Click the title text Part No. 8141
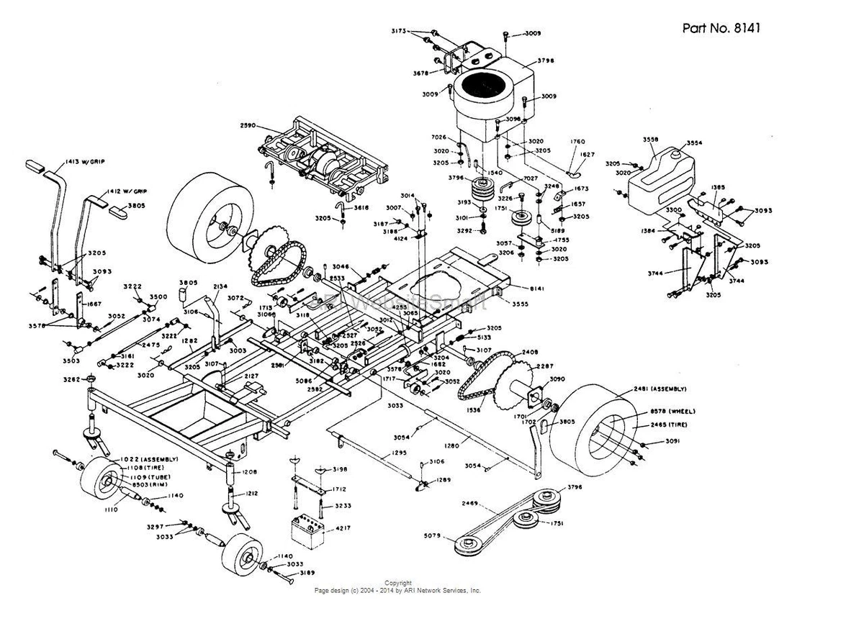[721, 28]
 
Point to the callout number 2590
[249, 126]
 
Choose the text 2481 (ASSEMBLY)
[660, 389]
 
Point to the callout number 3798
[546, 61]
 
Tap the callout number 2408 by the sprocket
[531, 353]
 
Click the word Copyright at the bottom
[398, 583]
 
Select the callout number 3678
[421, 73]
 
